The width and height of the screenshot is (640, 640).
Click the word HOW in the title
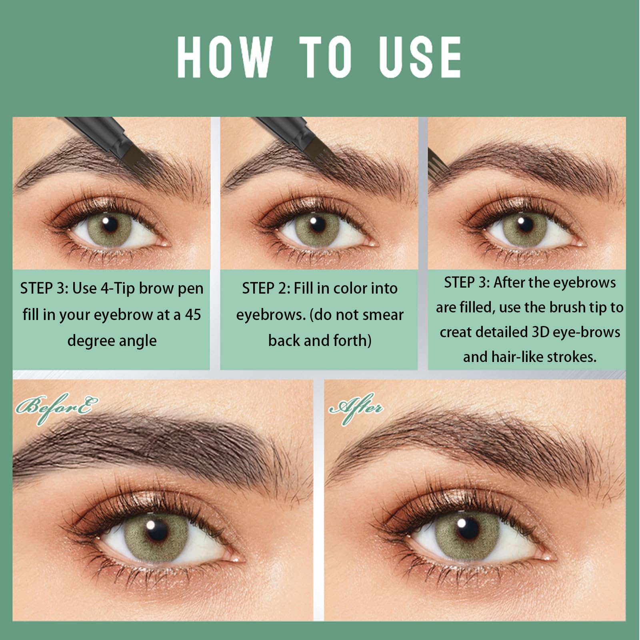225,57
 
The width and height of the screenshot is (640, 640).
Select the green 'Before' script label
56,408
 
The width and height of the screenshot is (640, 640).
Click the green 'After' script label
355,408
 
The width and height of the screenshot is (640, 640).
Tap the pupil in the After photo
467,528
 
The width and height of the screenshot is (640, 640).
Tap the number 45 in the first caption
193,314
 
